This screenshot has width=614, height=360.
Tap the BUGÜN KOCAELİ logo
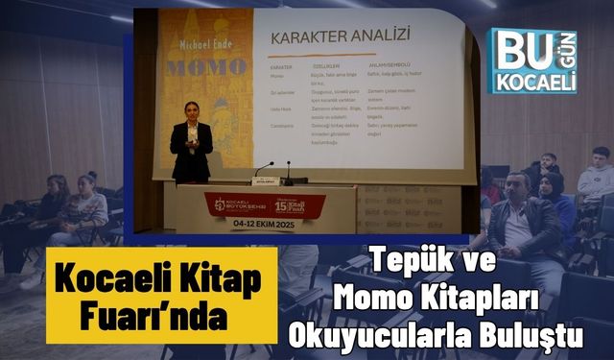tap(531, 59)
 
